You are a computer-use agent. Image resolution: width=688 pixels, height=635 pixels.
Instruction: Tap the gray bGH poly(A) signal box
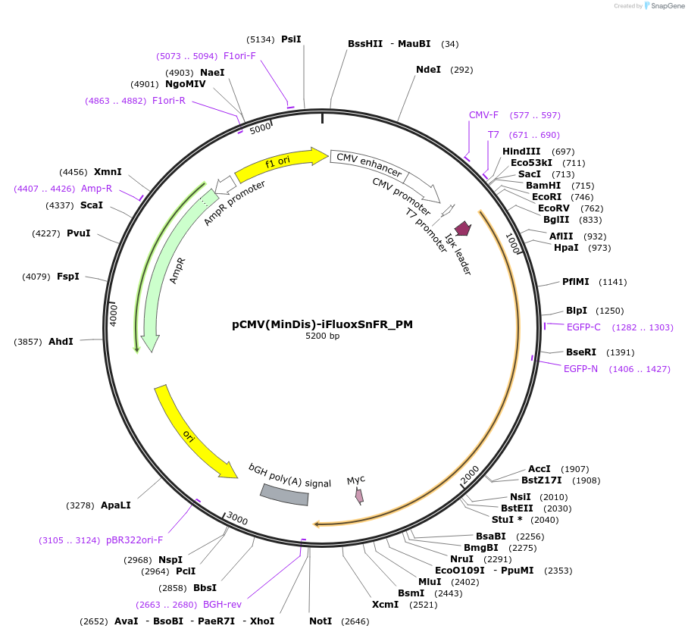(285, 494)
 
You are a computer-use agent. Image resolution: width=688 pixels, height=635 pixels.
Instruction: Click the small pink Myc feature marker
(359, 496)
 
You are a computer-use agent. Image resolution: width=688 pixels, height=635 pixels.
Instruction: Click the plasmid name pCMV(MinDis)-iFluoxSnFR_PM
(322, 324)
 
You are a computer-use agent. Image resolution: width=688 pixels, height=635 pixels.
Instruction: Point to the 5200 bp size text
(322, 336)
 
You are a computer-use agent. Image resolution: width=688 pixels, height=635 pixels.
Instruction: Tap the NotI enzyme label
(321, 621)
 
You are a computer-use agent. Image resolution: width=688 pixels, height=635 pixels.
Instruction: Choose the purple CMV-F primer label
(483, 115)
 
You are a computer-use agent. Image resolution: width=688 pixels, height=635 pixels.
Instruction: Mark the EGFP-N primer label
(580, 369)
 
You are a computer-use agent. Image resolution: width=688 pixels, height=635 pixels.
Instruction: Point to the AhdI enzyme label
(61, 342)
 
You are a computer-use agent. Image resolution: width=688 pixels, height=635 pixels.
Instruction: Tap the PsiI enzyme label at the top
(291, 39)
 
